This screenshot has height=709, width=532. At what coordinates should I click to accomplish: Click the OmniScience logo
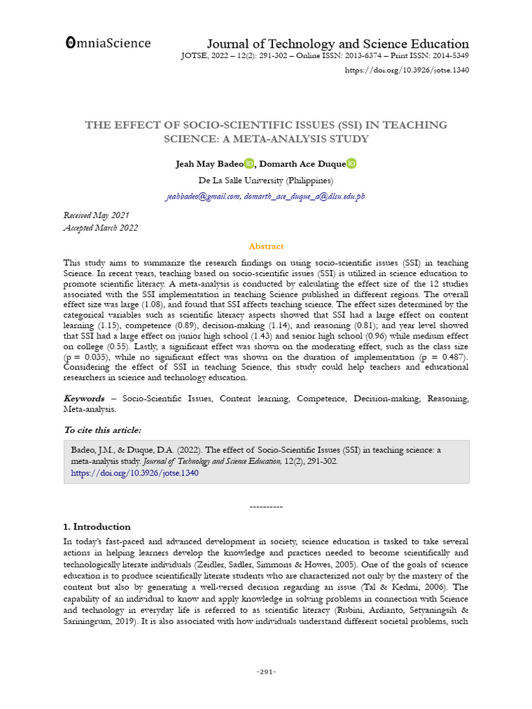tap(107, 43)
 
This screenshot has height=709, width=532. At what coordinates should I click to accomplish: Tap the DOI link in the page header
tap(407, 71)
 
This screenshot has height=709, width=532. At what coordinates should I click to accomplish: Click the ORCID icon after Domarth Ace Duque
tap(351, 163)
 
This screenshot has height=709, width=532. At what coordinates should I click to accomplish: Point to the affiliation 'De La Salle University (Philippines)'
tap(266, 180)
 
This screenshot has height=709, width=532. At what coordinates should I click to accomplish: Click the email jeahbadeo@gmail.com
tap(202, 197)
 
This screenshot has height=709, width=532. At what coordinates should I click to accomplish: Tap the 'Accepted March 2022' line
tap(100, 228)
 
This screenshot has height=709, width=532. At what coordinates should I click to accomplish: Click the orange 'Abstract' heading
tap(266, 246)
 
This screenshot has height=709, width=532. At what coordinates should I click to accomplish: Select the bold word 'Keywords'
tap(85, 399)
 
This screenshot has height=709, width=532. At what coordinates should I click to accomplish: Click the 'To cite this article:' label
tap(102, 430)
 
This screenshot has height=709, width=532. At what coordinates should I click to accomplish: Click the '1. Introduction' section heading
tap(97, 526)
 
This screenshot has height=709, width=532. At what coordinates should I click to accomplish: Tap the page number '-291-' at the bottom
tap(266, 672)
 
